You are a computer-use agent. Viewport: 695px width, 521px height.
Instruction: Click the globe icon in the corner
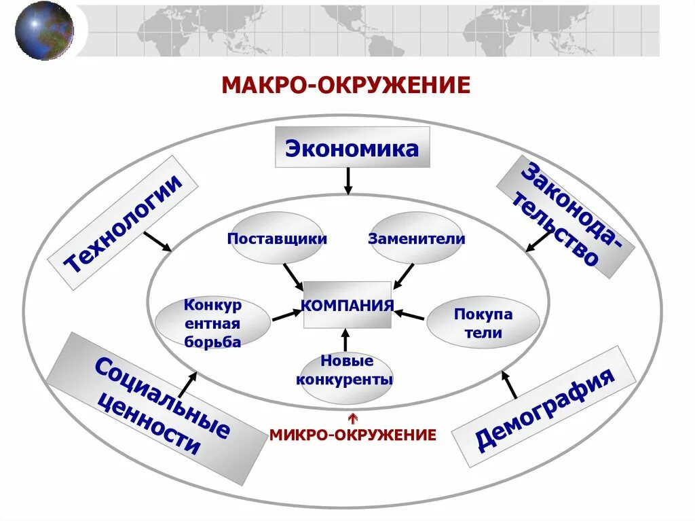pyautogui.click(x=43, y=31)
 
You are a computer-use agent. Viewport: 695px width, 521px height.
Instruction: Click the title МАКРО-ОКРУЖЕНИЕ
pyautogui.click(x=346, y=86)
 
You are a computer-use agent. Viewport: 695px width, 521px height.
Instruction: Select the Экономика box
pyautogui.click(x=352, y=147)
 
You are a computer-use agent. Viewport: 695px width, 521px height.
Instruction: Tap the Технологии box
pyautogui.click(x=124, y=223)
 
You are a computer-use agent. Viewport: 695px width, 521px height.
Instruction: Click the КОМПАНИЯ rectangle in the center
pyautogui.click(x=347, y=305)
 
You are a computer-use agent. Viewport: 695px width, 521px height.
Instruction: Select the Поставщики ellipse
pyautogui.click(x=277, y=238)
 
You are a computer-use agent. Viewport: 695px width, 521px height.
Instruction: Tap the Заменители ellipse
pyautogui.click(x=417, y=238)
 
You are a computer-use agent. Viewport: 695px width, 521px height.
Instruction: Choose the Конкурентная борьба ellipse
pyautogui.click(x=212, y=323)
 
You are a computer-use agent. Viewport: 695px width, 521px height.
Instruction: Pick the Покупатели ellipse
pyautogui.click(x=483, y=323)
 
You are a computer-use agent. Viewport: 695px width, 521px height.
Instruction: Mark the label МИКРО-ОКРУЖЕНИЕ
pyautogui.click(x=352, y=435)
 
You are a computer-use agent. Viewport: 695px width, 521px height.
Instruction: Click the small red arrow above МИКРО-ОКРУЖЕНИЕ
pyautogui.click(x=352, y=417)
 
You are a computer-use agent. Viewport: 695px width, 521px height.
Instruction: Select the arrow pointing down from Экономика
pyautogui.click(x=348, y=181)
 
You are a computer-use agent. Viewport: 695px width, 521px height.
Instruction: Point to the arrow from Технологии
pyautogui.click(x=159, y=241)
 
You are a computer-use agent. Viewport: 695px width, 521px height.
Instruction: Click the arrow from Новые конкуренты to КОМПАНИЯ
pyautogui.click(x=345, y=340)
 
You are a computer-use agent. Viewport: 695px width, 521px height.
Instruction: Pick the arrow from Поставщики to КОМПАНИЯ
pyautogui.click(x=293, y=275)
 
